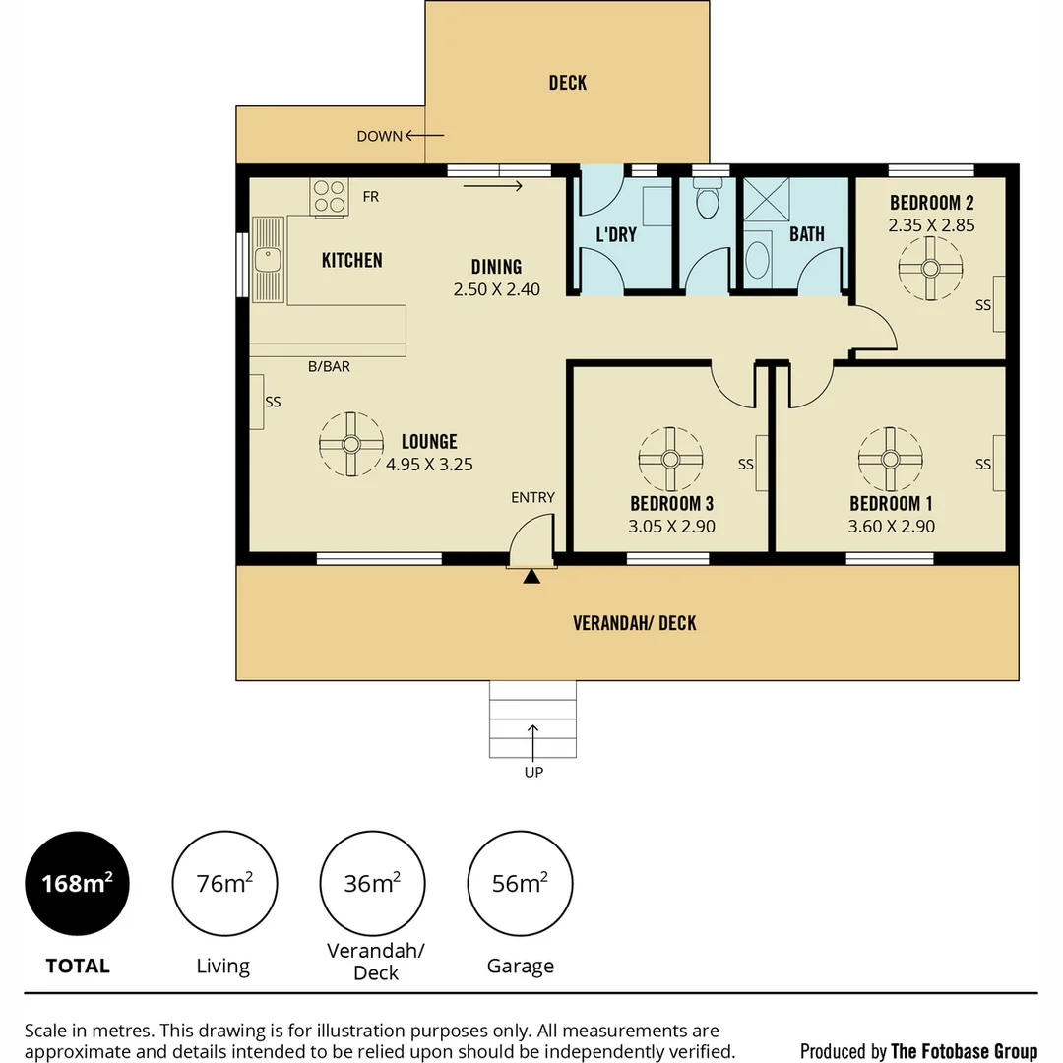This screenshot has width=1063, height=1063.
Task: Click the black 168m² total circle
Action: pos(77,883)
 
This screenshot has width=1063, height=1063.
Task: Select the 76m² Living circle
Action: pos(224,883)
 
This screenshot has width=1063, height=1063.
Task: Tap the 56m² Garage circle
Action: pos(520,883)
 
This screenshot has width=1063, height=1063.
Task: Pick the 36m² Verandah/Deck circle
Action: pos(372,883)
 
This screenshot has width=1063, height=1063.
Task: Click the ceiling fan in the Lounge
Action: pos(350,444)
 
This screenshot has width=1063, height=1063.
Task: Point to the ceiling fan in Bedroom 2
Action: pos(930,267)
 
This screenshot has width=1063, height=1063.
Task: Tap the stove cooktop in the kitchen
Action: pos(329,196)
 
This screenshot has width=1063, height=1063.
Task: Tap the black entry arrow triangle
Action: pos(531,577)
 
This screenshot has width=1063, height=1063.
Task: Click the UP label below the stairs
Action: pos(533,773)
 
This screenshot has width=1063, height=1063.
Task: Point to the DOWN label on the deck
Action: pos(379,137)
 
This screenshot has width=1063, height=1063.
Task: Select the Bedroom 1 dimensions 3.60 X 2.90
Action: pos(891,527)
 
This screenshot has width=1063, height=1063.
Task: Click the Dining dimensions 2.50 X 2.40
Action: pos(496,290)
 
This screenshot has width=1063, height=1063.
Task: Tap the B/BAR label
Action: pos(329,367)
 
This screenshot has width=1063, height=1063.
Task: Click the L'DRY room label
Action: pos(616,235)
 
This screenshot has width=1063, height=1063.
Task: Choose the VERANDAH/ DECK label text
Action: pos(635,623)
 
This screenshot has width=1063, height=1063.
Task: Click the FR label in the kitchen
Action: pos(370,197)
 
